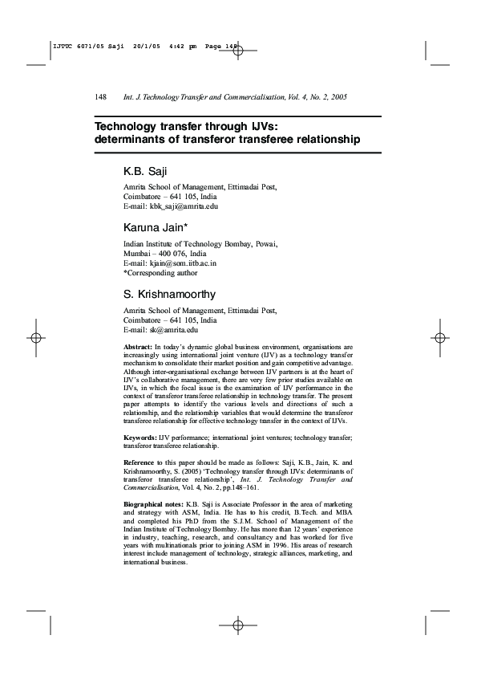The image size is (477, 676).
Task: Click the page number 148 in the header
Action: pos(101,97)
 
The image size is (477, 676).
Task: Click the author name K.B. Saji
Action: pos(145,172)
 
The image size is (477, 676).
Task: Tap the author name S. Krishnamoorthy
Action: pos(170,295)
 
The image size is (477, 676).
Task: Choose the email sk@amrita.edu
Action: pos(173,329)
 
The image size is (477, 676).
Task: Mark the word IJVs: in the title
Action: pos(257,126)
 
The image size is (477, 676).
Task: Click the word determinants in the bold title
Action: pos(128,140)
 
